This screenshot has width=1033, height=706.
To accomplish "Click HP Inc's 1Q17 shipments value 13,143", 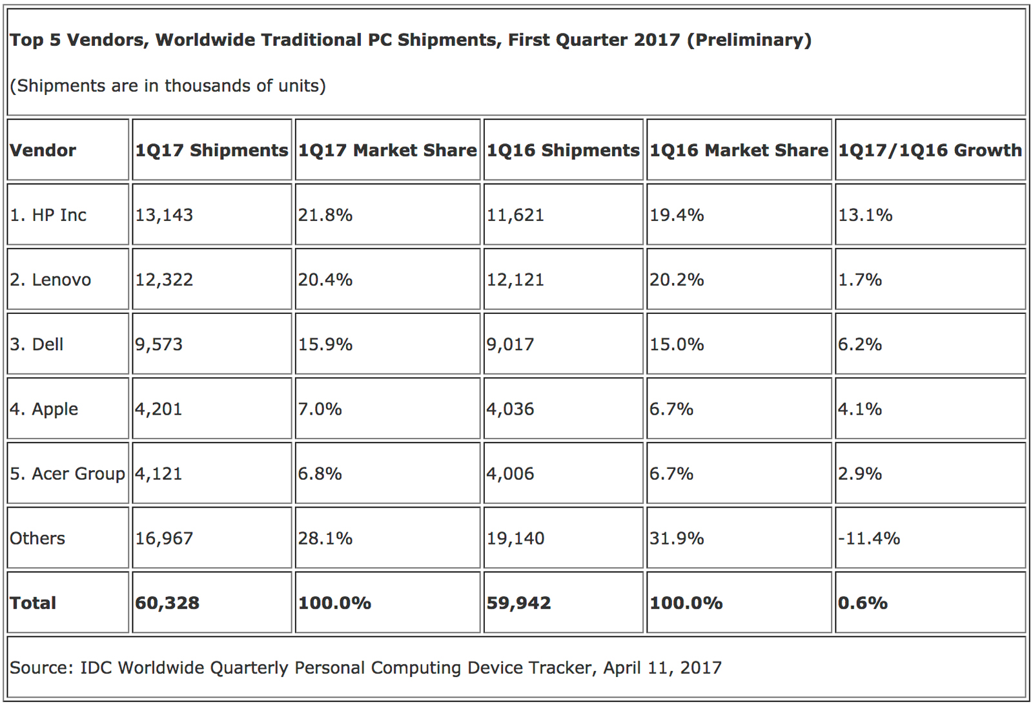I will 164,215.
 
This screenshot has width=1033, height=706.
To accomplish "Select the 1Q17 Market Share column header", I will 387,151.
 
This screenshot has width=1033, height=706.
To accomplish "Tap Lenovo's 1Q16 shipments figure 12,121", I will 515,280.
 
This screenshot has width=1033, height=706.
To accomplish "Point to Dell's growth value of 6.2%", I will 860,344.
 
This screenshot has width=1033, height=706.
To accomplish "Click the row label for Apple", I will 44,409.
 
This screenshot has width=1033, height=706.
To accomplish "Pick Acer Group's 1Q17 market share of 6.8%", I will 320,473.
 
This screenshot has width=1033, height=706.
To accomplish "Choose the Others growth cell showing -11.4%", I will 869,538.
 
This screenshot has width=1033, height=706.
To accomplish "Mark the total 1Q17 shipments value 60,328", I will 167,603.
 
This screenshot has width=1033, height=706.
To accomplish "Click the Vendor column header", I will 43,151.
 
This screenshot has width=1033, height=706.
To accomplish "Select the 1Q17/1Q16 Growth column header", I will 930,151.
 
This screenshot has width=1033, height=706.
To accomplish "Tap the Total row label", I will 33,603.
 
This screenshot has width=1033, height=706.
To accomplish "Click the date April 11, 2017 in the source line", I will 662,667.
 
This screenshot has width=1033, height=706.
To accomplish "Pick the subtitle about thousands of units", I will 168,86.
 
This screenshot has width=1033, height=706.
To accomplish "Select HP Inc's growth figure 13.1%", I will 865,215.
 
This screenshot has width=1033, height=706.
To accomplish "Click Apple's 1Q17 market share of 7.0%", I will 320,409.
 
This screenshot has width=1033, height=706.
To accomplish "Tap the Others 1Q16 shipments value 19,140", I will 515,538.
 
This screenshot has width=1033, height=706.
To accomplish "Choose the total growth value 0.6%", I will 863,603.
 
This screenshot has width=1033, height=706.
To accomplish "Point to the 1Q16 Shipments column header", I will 563,151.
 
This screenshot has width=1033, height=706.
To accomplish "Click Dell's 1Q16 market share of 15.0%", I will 677,344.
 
